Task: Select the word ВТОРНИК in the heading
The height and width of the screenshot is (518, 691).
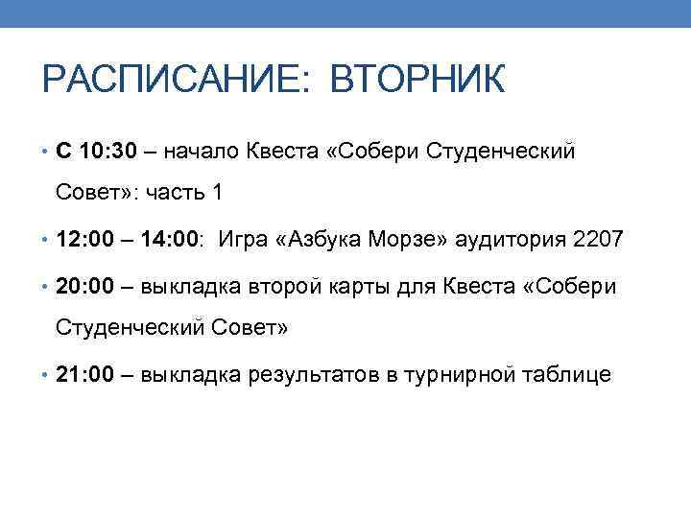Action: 417,81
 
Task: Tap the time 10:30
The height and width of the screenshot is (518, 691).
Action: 110,151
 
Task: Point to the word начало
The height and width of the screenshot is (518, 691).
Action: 202,151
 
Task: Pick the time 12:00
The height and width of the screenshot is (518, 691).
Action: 86,239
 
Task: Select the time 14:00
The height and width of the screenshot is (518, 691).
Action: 171,239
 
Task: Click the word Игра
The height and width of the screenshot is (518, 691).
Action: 244,239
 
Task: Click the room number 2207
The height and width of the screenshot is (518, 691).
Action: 598,239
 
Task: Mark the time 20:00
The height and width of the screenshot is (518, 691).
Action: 86,286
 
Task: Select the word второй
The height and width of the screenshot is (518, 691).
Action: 280,286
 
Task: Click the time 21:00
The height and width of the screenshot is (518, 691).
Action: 86,374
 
